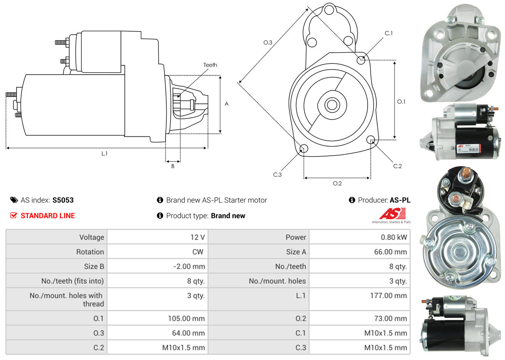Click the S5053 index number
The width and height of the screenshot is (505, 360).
[63, 200]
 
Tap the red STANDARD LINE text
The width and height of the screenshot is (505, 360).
[48, 216]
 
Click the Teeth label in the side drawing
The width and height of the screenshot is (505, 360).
[210, 65]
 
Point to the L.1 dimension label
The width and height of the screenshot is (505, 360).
[104, 153]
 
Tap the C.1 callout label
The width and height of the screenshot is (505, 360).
[389, 33]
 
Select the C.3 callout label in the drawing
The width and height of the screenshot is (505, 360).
[277, 175]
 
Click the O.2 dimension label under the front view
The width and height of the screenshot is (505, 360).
[337, 183]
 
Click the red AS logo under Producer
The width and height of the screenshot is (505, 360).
[392, 214]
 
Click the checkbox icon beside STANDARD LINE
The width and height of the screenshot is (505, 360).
[14, 215]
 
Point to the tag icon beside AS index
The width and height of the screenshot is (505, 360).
[14, 200]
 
